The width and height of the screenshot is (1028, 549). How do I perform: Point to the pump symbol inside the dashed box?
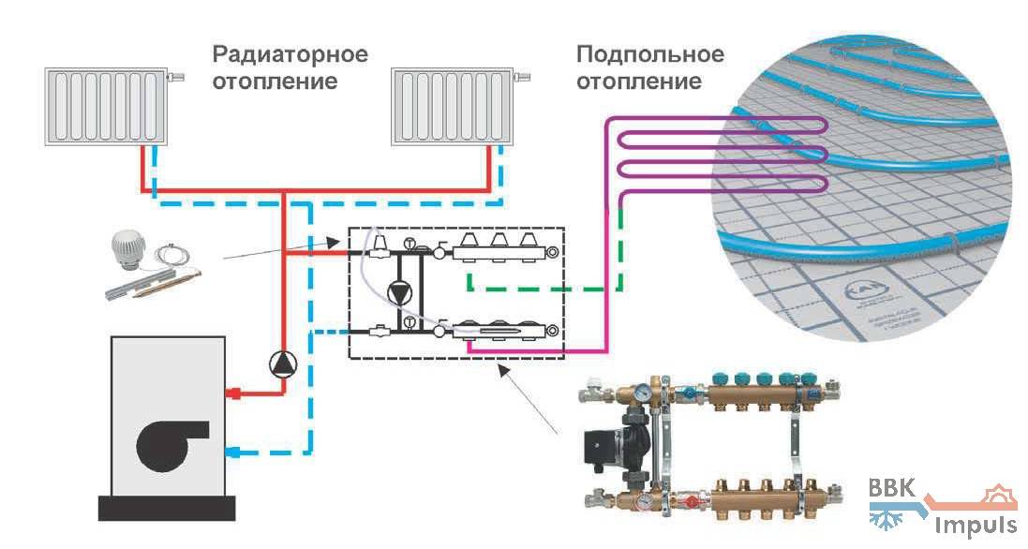[400, 291]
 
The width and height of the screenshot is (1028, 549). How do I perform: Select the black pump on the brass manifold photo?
[609, 442]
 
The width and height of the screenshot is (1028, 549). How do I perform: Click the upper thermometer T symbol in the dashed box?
[409, 245]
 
